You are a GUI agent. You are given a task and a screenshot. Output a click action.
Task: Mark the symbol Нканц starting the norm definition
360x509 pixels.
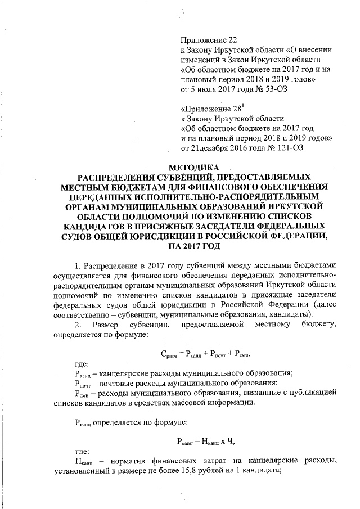(x=84, y=462)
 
